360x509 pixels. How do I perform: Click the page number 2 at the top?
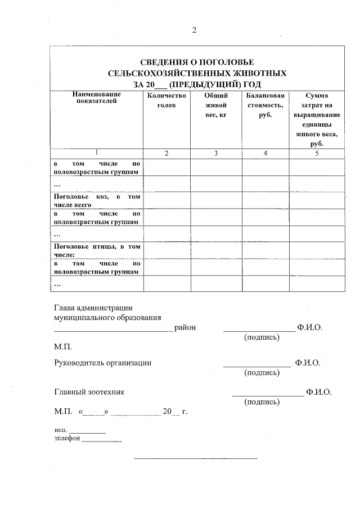(194, 30)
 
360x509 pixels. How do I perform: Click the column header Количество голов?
(166, 101)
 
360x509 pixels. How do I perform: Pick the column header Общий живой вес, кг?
(215, 105)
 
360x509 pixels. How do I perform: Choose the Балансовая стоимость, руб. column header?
(265, 105)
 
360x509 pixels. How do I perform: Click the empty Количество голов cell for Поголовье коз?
(166, 201)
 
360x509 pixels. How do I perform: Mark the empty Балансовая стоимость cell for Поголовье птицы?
(265, 250)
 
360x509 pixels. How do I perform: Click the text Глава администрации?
(93, 308)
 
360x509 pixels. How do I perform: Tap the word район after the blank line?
(185, 327)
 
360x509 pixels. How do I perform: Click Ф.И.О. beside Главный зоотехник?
(319, 392)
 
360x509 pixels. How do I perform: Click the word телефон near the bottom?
(67, 438)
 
